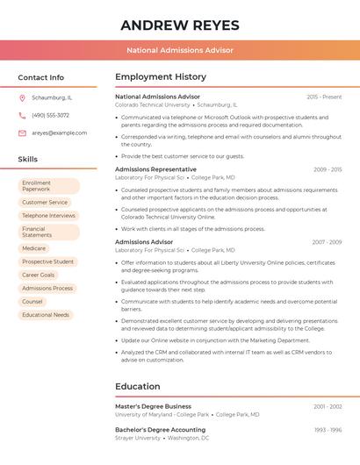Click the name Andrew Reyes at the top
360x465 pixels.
click(180, 25)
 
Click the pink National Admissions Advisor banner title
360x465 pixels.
click(180, 50)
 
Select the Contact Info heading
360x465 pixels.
click(40, 77)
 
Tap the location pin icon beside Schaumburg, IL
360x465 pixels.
click(22, 97)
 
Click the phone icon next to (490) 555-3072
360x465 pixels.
click(22, 115)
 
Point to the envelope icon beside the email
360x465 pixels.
click(22, 132)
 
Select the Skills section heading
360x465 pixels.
click(28, 160)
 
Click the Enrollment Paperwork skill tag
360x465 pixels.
click(49, 186)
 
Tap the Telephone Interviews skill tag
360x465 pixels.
click(49, 215)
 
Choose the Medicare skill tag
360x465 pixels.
click(34, 248)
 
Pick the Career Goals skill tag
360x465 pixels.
click(39, 275)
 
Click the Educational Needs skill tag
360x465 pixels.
click(46, 314)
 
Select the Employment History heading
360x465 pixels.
click(160, 77)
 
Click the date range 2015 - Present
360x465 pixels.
click(324, 97)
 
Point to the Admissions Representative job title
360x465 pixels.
click(155, 169)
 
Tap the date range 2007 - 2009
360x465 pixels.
click(327, 241)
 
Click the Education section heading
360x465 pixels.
click(137, 386)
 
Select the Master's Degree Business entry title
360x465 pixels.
click(153, 406)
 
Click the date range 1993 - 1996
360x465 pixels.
click(328, 430)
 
